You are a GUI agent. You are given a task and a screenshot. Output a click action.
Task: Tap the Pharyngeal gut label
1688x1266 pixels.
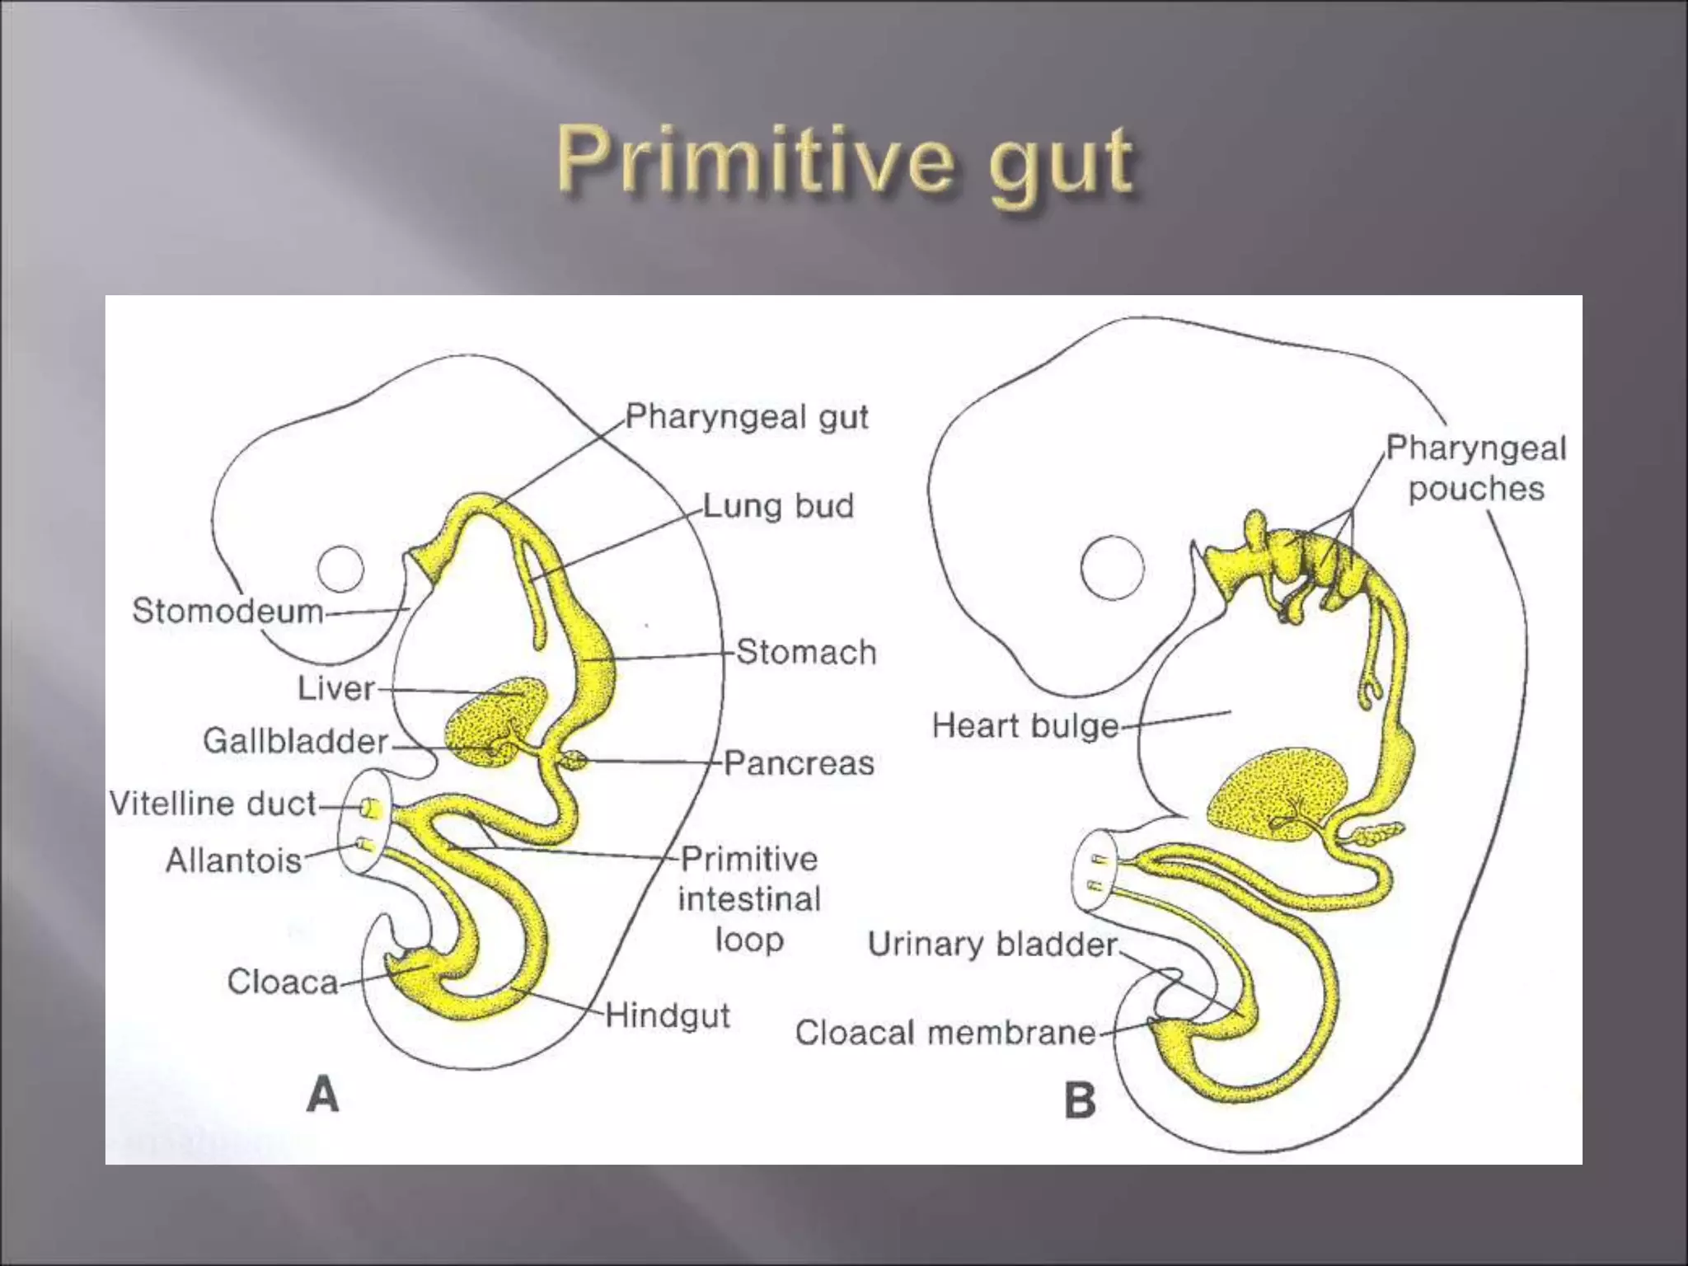pos(746,417)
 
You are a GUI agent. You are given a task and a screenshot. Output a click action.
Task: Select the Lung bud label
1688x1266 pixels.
pos(778,506)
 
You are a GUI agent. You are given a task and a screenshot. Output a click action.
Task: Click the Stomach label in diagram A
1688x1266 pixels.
pos(806,653)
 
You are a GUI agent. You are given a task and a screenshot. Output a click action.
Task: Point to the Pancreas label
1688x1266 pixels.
pos(799,763)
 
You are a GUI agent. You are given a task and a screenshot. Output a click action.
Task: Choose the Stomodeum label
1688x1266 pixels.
pos(228,611)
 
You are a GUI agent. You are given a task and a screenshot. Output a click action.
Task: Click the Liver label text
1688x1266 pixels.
pos(336,688)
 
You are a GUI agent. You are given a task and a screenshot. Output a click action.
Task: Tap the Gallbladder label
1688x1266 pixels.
pos(296,741)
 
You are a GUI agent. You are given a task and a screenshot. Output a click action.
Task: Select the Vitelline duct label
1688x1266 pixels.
pos(213,804)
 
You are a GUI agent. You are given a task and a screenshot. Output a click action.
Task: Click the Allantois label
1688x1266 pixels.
pos(234,860)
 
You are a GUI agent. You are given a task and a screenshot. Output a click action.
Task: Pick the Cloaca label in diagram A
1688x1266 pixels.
pos(283,982)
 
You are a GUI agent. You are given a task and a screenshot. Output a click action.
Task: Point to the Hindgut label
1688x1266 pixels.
pos(668,1015)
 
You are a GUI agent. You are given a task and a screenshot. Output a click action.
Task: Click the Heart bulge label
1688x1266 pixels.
pos(1025,726)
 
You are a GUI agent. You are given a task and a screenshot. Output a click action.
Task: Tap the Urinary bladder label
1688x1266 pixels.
pos(992,945)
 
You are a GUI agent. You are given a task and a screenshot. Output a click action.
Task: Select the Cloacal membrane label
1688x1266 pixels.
pos(945,1033)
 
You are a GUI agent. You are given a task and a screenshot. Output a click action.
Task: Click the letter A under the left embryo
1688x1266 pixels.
pos(323,1095)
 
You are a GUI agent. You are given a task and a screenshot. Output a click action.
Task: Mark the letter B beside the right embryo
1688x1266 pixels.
pos(1080,1101)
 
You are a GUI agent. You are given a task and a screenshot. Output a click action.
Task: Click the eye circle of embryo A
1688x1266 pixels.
pos(340,569)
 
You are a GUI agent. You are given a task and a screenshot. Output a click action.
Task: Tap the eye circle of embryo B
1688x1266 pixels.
pos(1112,567)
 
